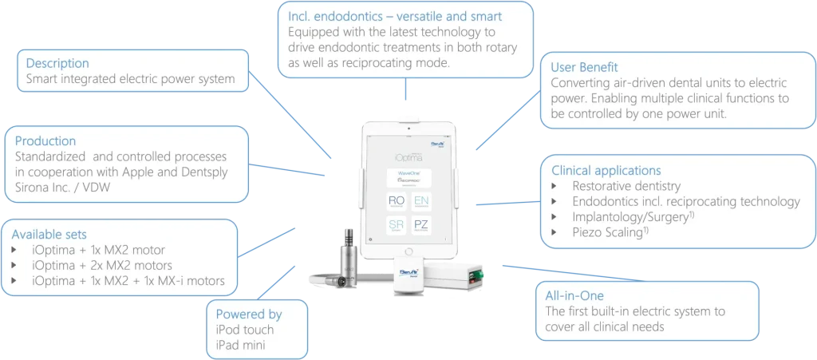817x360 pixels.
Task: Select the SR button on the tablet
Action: coord(396,227)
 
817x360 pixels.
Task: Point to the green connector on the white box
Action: coord(475,276)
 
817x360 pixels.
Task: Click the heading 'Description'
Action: coord(57,63)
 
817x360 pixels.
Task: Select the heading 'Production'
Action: coord(51,140)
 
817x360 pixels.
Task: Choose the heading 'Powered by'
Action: coord(250,314)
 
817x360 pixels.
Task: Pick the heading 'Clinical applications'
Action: coord(606,170)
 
